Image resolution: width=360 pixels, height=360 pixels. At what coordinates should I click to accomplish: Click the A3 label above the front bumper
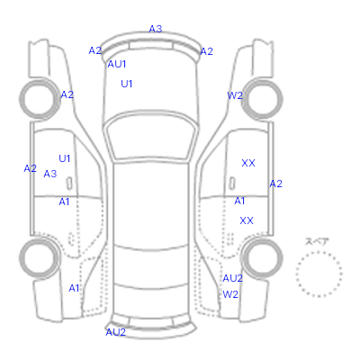(x=156, y=29)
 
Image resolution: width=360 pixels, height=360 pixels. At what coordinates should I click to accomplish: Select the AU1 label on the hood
(x=117, y=64)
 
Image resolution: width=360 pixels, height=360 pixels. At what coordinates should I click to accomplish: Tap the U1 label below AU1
(x=127, y=84)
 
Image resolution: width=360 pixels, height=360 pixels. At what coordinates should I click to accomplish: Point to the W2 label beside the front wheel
(x=235, y=95)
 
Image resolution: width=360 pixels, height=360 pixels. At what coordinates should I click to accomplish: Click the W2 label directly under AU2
(x=230, y=294)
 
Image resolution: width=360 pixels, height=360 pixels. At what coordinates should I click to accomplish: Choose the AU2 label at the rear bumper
(x=115, y=332)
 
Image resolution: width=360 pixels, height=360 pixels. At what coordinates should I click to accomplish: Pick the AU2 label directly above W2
(x=232, y=278)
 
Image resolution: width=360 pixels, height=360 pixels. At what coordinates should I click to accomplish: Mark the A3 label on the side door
(x=50, y=174)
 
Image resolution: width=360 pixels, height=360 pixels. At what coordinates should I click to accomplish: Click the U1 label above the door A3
(x=65, y=158)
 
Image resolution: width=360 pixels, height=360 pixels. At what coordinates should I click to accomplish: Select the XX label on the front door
(x=248, y=163)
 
